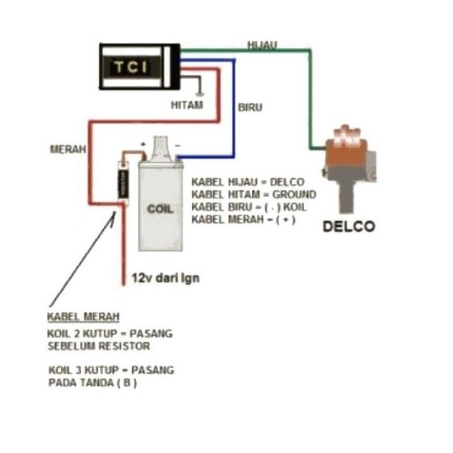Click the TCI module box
pos(139,67)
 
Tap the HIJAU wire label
pos(262,44)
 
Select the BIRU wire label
pos(250,107)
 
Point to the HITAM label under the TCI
pos(187,105)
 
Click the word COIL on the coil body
pos(160,209)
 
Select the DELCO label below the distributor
pos(349,226)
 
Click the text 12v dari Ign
pos(165,278)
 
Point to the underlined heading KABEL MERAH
pos(83,316)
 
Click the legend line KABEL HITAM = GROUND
pos(253,194)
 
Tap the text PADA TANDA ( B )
pos(92,382)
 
